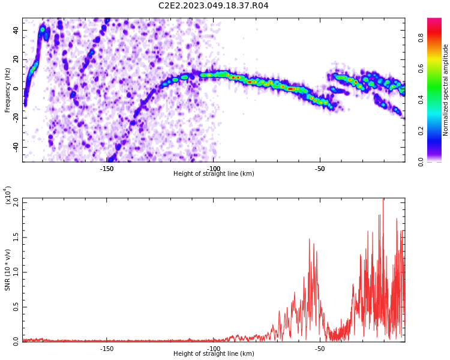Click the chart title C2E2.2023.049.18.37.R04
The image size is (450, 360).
click(x=213, y=5)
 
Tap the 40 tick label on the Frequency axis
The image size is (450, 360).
click(x=16, y=30)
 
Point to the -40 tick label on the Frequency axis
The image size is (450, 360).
click(x=16, y=148)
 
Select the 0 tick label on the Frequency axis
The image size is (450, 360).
click(x=16, y=89)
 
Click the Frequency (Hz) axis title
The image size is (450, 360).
click(x=7, y=91)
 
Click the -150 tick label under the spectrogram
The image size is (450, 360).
click(x=106, y=169)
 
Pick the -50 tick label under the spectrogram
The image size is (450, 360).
click(x=319, y=169)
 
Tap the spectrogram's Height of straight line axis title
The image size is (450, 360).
click(x=214, y=173)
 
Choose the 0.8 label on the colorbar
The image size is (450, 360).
click(x=421, y=38)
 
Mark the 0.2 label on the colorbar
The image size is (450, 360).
click(x=421, y=131)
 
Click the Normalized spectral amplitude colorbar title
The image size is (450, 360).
click(x=445, y=90)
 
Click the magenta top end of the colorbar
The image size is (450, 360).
click(x=434, y=19)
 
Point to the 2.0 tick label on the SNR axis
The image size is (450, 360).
click(x=16, y=203)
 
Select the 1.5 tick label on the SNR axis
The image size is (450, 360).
click(x=16, y=238)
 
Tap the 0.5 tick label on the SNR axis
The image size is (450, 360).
click(x=16, y=307)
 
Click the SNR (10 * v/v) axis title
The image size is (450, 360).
click(x=7, y=270)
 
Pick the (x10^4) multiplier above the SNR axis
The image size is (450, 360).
click(x=7, y=195)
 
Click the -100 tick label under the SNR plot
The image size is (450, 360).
click(x=213, y=349)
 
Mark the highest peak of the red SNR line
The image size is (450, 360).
click(x=383, y=199)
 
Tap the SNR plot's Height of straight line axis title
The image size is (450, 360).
click(x=214, y=353)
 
